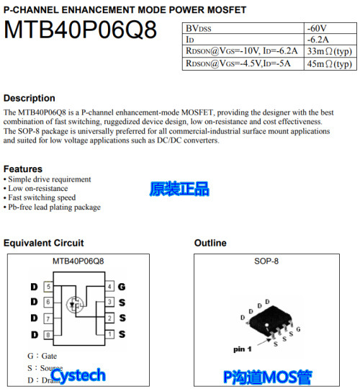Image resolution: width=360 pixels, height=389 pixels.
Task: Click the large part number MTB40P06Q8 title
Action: [x=80, y=30]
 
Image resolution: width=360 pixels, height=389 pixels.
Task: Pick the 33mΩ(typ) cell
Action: [x=329, y=51]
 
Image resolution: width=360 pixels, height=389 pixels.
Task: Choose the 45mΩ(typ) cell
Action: [x=329, y=63]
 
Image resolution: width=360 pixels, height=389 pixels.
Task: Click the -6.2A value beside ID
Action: [x=319, y=39]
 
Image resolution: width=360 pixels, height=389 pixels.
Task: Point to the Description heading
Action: [x=30, y=98]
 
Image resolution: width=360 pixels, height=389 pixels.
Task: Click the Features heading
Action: [x=23, y=169]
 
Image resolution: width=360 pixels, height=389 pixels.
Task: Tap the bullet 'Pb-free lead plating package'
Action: [x=54, y=207]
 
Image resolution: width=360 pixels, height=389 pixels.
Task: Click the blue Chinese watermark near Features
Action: [x=179, y=189]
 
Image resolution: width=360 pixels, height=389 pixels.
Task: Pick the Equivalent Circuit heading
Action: [x=43, y=243]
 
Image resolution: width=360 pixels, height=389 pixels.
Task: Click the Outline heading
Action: [x=210, y=243]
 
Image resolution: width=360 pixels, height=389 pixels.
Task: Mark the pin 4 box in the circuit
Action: [x=109, y=287]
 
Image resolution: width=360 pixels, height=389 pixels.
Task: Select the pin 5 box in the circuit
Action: [x=48, y=287]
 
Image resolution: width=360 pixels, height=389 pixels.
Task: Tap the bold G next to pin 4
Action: [x=122, y=287]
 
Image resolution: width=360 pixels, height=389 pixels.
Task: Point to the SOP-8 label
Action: [x=266, y=261]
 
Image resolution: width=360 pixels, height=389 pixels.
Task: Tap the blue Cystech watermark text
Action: [x=78, y=375]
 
